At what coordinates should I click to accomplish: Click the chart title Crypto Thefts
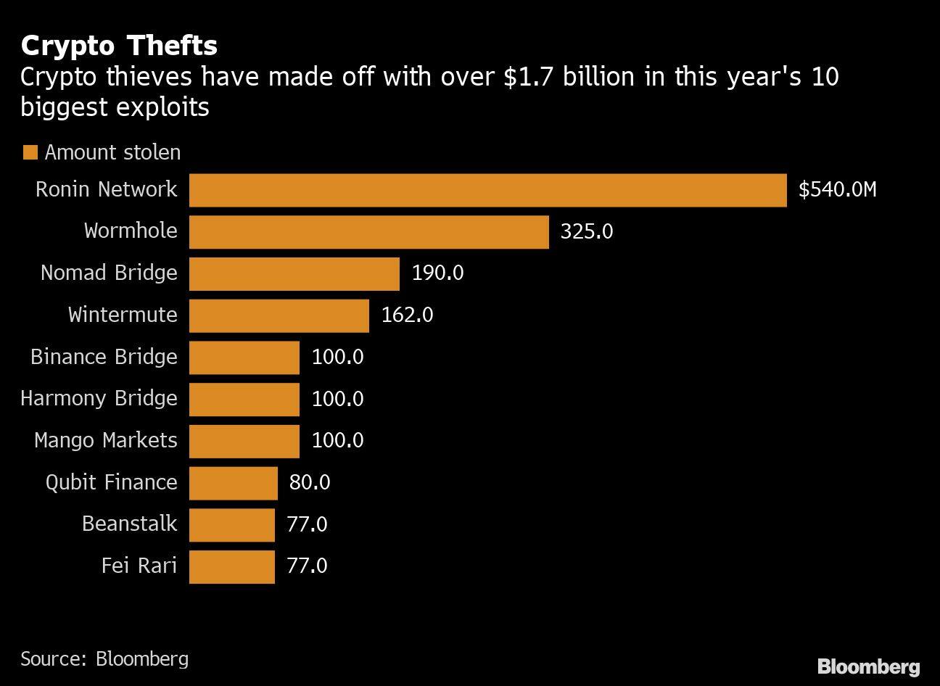tap(119, 46)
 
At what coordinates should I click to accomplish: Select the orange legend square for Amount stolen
tap(30, 152)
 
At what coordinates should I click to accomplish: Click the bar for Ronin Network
tap(487, 190)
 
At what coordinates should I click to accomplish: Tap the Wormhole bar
tap(368, 232)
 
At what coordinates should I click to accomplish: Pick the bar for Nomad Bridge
tap(294, 273)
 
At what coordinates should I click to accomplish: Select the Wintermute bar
tap(279, 315)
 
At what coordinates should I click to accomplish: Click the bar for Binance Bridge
tap(244, 358)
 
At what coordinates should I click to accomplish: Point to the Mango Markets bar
tap(244, 441)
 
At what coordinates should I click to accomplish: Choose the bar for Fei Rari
tap(231, 566)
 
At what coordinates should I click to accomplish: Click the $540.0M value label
tap(837, 190)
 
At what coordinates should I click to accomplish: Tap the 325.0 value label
tap(586, 232)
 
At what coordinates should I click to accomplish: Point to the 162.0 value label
tap(407, 315)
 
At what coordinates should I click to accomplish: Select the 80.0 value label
tap(310, 483)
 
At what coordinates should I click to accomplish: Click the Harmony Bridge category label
tap(99, 399)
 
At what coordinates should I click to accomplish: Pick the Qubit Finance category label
tap(111, 483)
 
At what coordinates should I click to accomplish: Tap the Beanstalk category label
tap(129, 524)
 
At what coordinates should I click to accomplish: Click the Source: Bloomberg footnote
tap(104, 658)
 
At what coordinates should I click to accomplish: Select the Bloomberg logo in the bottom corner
tap(868, 666)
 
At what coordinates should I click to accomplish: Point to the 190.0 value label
tap(437, 273)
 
